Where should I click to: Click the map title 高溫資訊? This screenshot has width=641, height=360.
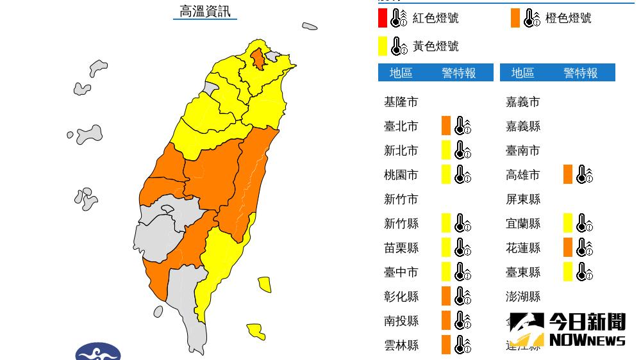pos(204,12)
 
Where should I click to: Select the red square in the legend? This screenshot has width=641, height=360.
pos(382,18)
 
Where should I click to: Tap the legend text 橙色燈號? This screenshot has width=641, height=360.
pos(568,18)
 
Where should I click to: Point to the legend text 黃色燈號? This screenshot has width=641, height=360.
pos(435,46)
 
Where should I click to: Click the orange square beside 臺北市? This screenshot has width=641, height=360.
pos(446,126)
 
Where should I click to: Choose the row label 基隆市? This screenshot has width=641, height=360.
pos(401,102)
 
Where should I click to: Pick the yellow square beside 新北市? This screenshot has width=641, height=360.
pos(446,150)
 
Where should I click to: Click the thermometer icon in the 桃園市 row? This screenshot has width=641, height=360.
pos(462,174)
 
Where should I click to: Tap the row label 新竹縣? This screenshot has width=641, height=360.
pos(401,224)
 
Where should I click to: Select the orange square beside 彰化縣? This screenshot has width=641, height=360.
pos(446,296)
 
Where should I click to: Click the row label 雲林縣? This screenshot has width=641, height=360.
pos(401,345)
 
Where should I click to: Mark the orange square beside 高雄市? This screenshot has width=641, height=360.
pos(568,174)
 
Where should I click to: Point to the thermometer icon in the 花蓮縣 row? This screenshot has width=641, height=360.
pos(584,247)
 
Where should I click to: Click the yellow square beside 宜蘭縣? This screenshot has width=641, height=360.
pos(568,223)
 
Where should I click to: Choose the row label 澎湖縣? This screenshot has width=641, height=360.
pos(523,297)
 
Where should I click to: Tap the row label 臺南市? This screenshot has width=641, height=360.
pos(523,151)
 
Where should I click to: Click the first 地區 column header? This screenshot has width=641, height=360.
pos(401,73)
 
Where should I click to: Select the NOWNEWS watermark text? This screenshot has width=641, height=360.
pos(587,340)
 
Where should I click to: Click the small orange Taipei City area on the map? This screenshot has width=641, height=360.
pos(258,59)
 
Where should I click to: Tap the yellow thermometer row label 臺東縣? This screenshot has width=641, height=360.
pos(523,272)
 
